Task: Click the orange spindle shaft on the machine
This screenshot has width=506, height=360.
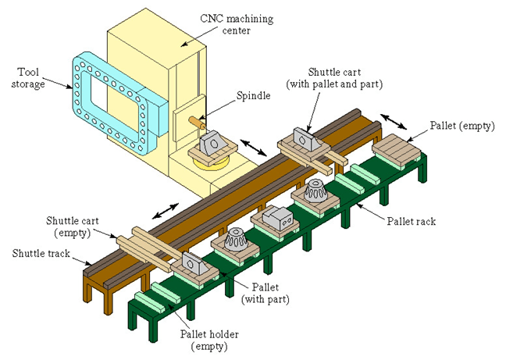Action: (194, 122)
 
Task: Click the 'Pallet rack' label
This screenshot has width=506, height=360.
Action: (411, 221)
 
